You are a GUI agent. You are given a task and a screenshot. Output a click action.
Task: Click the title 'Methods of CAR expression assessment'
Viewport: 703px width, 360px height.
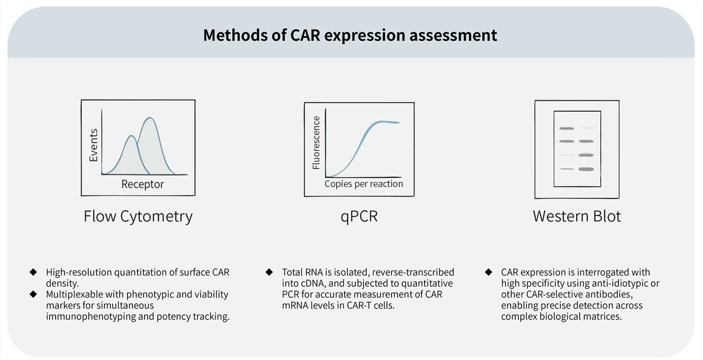pyautogui.click(x=350, y=35)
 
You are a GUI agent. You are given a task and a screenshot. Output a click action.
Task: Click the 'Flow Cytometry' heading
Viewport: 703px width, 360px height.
pyautogui.click(x=138, y=216)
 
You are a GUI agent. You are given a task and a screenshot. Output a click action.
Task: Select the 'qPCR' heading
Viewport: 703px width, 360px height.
pyautogui.click(x=359, y=216)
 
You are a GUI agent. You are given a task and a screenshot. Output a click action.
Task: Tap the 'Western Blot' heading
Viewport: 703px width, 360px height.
pyautogui.click(x=577, y=216)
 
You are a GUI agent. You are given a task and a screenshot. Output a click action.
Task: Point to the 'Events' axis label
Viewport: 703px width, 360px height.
pyautogui.click(x=93, y=145)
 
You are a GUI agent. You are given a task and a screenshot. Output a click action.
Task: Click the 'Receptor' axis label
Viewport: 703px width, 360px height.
pyautogui.click(x=143, y=185)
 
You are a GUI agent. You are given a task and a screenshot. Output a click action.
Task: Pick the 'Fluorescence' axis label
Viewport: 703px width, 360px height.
pyautogui.click(x=316, y=143)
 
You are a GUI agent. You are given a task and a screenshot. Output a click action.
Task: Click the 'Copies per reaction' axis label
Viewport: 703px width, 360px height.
pyautogui.click(x=363, y=184)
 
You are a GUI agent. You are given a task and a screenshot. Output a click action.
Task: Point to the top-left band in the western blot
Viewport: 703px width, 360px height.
pyautogui.click(x=566, y=128)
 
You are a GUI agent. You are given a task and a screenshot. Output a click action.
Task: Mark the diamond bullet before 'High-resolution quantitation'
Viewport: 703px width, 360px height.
pyautogui.click(x=33, y=272)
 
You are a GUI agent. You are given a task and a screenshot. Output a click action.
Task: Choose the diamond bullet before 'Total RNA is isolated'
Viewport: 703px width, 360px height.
pyautogui.click(x=269, y=272)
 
